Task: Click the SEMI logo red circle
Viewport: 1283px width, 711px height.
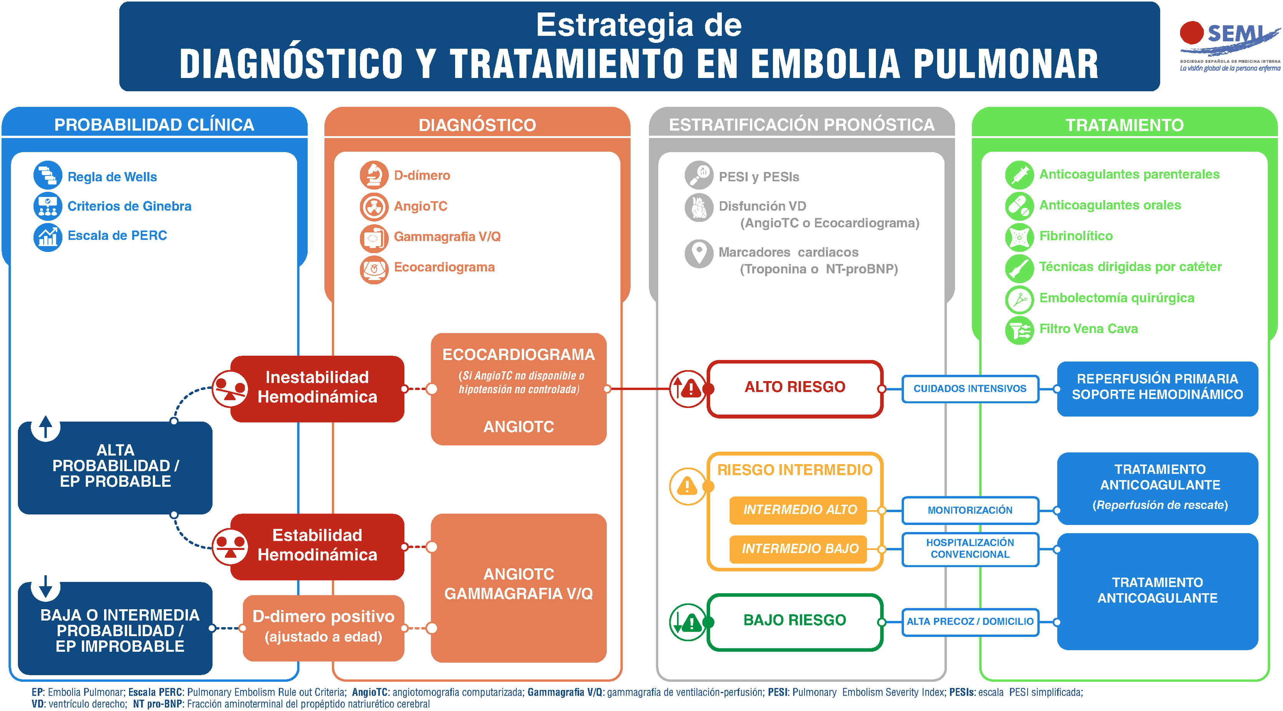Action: pos(1191,33)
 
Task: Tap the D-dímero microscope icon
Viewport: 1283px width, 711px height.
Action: pos(374,175)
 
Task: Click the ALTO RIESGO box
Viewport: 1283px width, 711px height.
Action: pos(795,387)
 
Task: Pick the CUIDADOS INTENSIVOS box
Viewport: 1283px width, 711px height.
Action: pos(970,389)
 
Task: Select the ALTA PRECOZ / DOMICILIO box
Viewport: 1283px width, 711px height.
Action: pos(970,622)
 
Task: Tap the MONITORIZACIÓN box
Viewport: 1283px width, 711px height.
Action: pos(970,510)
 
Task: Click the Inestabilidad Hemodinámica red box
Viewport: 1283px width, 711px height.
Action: pos(317,388)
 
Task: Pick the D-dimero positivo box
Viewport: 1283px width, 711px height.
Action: pos(323,627)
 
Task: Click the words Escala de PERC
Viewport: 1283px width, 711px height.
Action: pos(117,236)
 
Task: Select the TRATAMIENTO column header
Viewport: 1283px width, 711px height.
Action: pos(1124,124)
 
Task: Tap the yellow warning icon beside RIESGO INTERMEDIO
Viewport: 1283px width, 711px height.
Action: pos(687,486)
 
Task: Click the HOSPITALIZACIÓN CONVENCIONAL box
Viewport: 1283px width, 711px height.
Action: pos(970,549)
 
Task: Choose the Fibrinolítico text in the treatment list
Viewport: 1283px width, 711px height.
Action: pos(1075,236)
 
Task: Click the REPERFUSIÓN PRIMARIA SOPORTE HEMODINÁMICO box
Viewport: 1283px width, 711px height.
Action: pos(1157,387)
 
